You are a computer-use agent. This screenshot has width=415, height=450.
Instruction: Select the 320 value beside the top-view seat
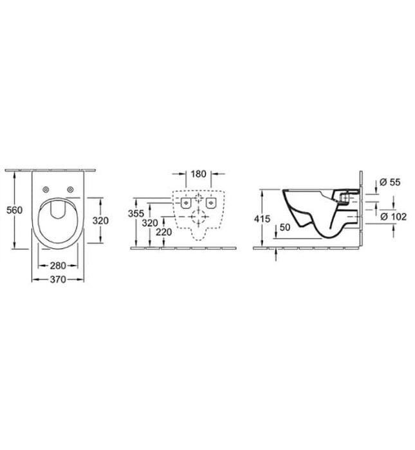[100, 221]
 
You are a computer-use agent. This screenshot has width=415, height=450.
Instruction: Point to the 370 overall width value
[58, 280]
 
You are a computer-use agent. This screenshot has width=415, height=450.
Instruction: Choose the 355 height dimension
[136, 213]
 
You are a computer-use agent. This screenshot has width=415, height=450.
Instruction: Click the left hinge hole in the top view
[47, 189]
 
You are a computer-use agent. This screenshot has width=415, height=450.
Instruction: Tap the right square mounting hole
[210, 203]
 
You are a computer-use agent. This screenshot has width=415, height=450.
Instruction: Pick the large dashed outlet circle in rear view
[198, 218]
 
